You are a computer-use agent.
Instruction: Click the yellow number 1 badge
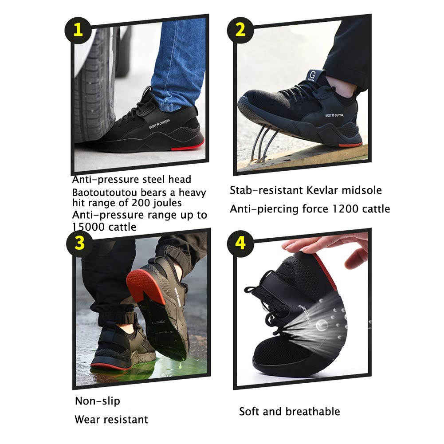[x=78, y=30]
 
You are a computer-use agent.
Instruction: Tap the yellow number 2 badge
[x=240, y=30]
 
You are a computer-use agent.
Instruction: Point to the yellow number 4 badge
[x=240, y=244]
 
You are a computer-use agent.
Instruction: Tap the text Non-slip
[x=97, y=401]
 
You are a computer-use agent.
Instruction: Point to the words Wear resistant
[x=111, y=419]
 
